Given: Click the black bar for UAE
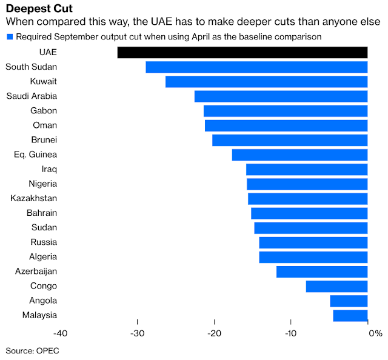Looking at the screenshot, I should point(242,52).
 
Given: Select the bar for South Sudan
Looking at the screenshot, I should point(256,67).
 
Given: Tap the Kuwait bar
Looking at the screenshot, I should point(266,81).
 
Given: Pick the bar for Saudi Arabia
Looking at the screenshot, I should point(281,96).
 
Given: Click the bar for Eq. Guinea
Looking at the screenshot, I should point(299,155).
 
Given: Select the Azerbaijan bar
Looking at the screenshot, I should point(322,272).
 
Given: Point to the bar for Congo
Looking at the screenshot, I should point(336,286).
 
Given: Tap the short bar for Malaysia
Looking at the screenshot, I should point(350,315).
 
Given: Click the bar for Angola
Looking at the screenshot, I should point(349,301).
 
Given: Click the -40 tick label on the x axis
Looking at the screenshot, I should point(61,333).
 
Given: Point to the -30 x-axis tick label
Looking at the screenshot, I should point(138,333).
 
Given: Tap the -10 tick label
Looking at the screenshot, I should point(291,333).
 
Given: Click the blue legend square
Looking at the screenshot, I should point(10,36).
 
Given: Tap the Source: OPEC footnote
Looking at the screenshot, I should point(33,350).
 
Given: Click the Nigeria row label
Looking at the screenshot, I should point(42,184).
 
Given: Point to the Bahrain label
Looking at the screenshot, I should point(42,213).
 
